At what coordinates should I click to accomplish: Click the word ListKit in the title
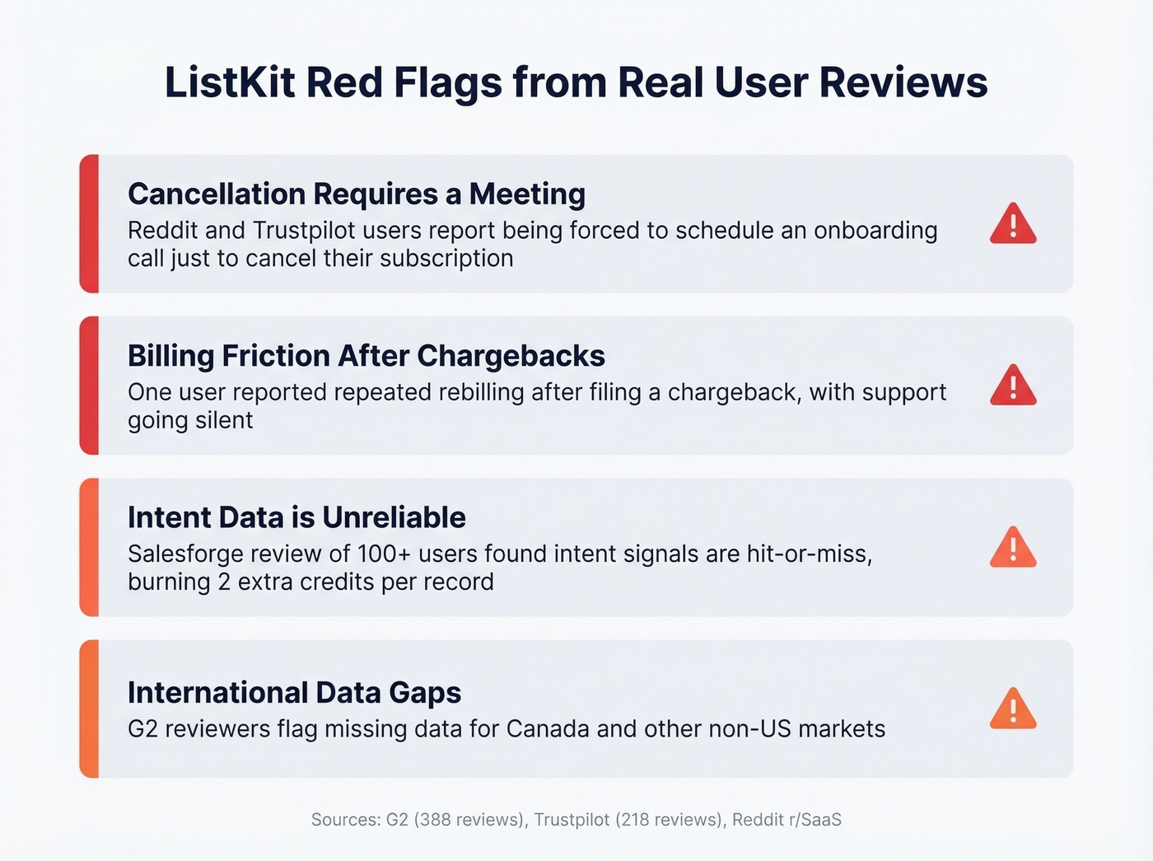(230, 82)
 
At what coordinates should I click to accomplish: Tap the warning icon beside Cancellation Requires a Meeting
(1013, 224)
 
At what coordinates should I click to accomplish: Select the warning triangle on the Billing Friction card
(1013, 386)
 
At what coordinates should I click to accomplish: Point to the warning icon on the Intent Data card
(1013, 548)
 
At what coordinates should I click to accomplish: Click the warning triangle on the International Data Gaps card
(1013, 709)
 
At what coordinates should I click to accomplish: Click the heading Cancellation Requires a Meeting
(357, 194)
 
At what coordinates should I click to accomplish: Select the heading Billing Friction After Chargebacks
(366, 356)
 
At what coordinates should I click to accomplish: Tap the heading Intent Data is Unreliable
(296, 517)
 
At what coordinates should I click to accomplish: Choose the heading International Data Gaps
(294, 693)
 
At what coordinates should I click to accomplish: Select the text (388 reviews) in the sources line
(469, 820)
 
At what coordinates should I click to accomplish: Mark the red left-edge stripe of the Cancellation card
(90, 224)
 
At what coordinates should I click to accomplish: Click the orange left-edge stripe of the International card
(90, 709)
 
